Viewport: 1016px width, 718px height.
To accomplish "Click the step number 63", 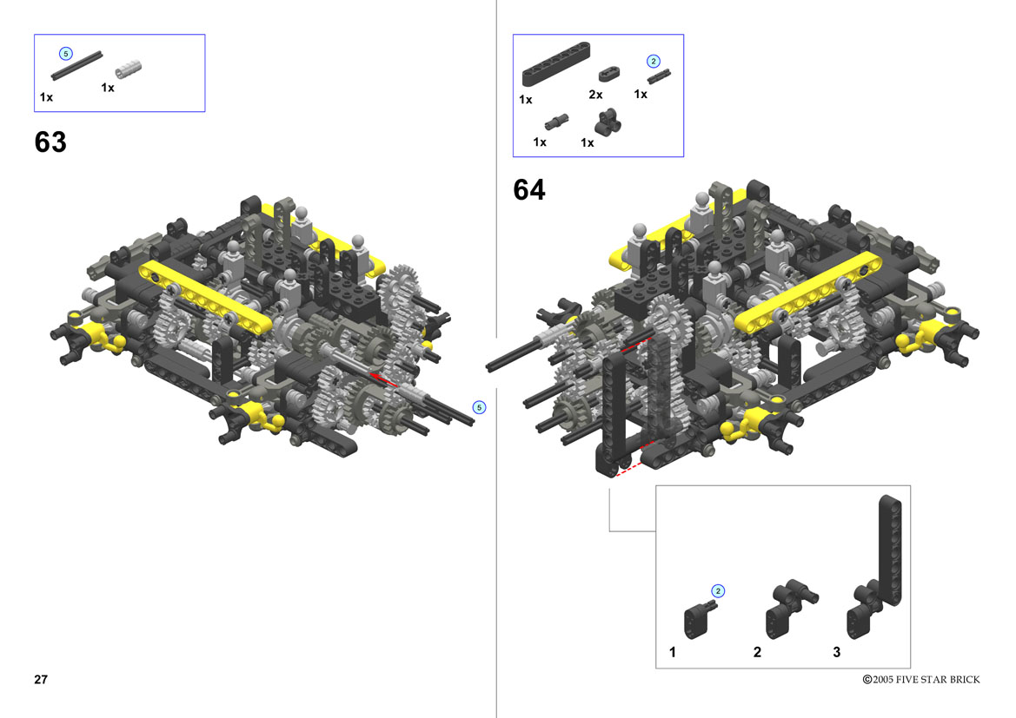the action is [50, 142].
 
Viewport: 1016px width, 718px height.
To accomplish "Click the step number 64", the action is [529, 189].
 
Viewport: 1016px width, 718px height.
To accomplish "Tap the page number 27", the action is [41, 679].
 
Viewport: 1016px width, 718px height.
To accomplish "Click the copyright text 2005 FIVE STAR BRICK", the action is [926, 680].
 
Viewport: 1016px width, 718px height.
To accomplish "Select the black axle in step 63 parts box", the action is [76, 66].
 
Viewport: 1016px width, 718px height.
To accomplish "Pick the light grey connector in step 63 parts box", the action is [128, 69].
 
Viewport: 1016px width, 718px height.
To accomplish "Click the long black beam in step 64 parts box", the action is [556, 64].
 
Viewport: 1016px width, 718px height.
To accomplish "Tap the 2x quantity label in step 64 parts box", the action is [595, 95].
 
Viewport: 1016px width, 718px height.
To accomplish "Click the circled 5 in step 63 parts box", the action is [65, 54].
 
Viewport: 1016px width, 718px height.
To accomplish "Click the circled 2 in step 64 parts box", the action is [654, 62].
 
